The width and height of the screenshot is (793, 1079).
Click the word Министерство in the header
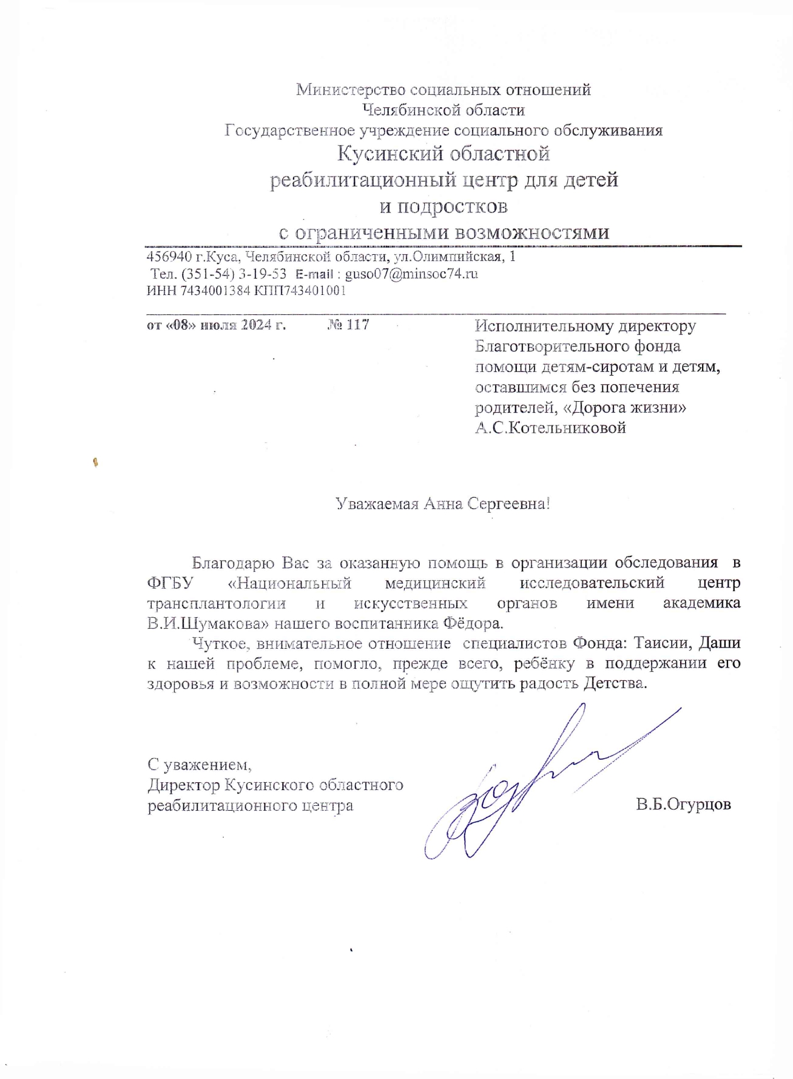click(x=351, y=90)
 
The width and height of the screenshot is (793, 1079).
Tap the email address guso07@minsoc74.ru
click(x=411, y=274)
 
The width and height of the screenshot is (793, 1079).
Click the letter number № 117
click(x=348, y=325)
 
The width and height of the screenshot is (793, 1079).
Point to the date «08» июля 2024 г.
click(x=216, y=325)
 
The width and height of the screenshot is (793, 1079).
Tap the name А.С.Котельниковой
click(x=550, y=428)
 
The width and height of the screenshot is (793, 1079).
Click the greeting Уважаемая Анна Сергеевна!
click(x=443, y=503)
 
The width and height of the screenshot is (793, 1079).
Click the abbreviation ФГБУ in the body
click(x=169, y=583)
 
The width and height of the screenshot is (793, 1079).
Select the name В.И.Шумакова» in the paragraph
click(x=208, y=623)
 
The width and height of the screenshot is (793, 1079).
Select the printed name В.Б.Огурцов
click(x=683, y=805)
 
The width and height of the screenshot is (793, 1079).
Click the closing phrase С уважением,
click(x=199, y=763)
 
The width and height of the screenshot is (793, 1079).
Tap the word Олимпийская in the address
click(x=456, y=256)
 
